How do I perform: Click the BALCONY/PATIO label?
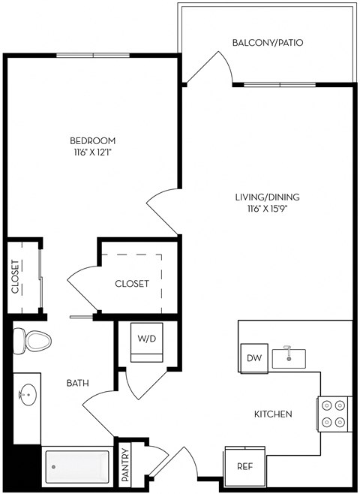coord(268,43)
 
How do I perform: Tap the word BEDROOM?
coord(92,141)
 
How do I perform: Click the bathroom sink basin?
coord(28,393)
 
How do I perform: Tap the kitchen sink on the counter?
coord(289,357)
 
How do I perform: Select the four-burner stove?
coord(334,414)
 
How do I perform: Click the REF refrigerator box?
coord(243,465)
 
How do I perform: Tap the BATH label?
coord(78,383)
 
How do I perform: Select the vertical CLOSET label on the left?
coord(15,277)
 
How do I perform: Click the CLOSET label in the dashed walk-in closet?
coord(131,284)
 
